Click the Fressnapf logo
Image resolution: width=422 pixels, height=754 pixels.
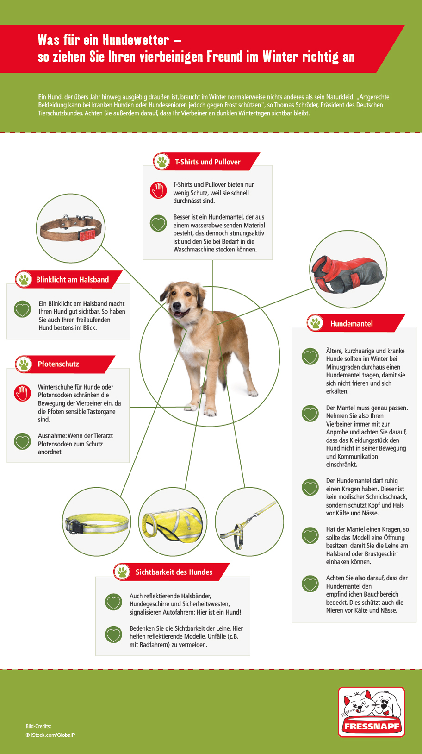pyautogui.click(x=372, y=712)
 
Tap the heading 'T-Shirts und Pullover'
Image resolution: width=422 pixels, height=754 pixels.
pyautogui.click(x=207, y=162)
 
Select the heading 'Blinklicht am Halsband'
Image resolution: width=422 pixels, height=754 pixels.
pyautogui.click(x=72, y=280)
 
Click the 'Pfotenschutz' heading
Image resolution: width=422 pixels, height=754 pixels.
pyautogui.click(x=58, y=364)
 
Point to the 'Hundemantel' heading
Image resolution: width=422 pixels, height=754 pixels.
pyautogui.click(x=351, y=324)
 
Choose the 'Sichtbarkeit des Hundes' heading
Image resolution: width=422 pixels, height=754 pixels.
pyautogui.click(x=174, y=572)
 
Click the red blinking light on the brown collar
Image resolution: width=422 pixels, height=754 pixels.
pyautogui.click(x=90, y=234)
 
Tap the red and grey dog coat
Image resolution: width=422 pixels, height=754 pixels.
pyautogui.click(x=348, y=273)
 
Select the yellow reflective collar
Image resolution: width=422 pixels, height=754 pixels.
pyautogui.click(x=97, y=523)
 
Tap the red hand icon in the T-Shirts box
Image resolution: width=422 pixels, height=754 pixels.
pyautogui.click(x=158, y=190)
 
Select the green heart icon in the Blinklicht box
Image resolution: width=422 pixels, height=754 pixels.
pyautogui.click(x=22, y=309)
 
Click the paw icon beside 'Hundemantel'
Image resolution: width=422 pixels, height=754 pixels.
pyautogui.click(x=316, y=323)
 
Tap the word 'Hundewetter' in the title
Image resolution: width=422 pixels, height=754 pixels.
pyautogui.click(x=136, y=40)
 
